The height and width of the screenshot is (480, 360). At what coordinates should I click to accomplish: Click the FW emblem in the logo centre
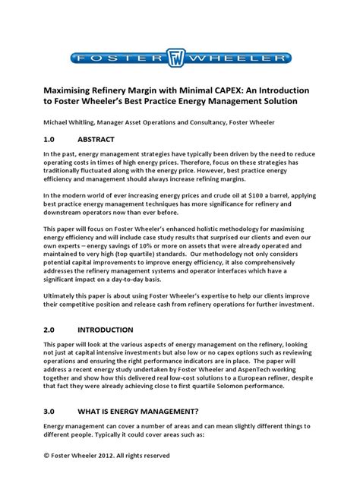coord(179,58)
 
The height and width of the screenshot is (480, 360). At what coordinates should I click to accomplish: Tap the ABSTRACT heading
coord(101,140)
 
